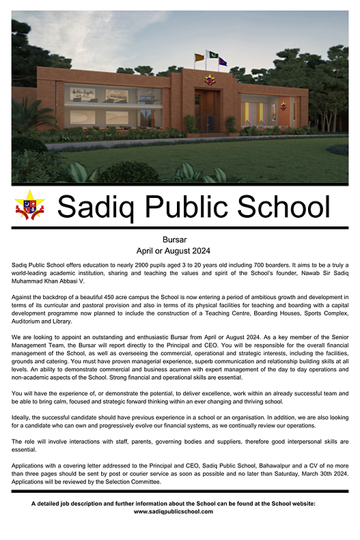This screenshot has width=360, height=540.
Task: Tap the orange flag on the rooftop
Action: click(x=199, y=57)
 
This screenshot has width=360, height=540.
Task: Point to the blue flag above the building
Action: click(x=223, y=61)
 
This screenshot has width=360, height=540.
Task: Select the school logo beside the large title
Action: click(x=29, y=205)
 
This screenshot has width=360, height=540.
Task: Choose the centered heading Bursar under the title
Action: click(x=180, y=240)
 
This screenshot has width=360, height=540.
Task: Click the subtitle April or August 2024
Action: click(x=180, y=251)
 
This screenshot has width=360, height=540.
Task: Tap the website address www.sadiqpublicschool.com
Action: click(x=173, y=511)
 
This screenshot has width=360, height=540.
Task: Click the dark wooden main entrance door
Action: click(x=206, y=111)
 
